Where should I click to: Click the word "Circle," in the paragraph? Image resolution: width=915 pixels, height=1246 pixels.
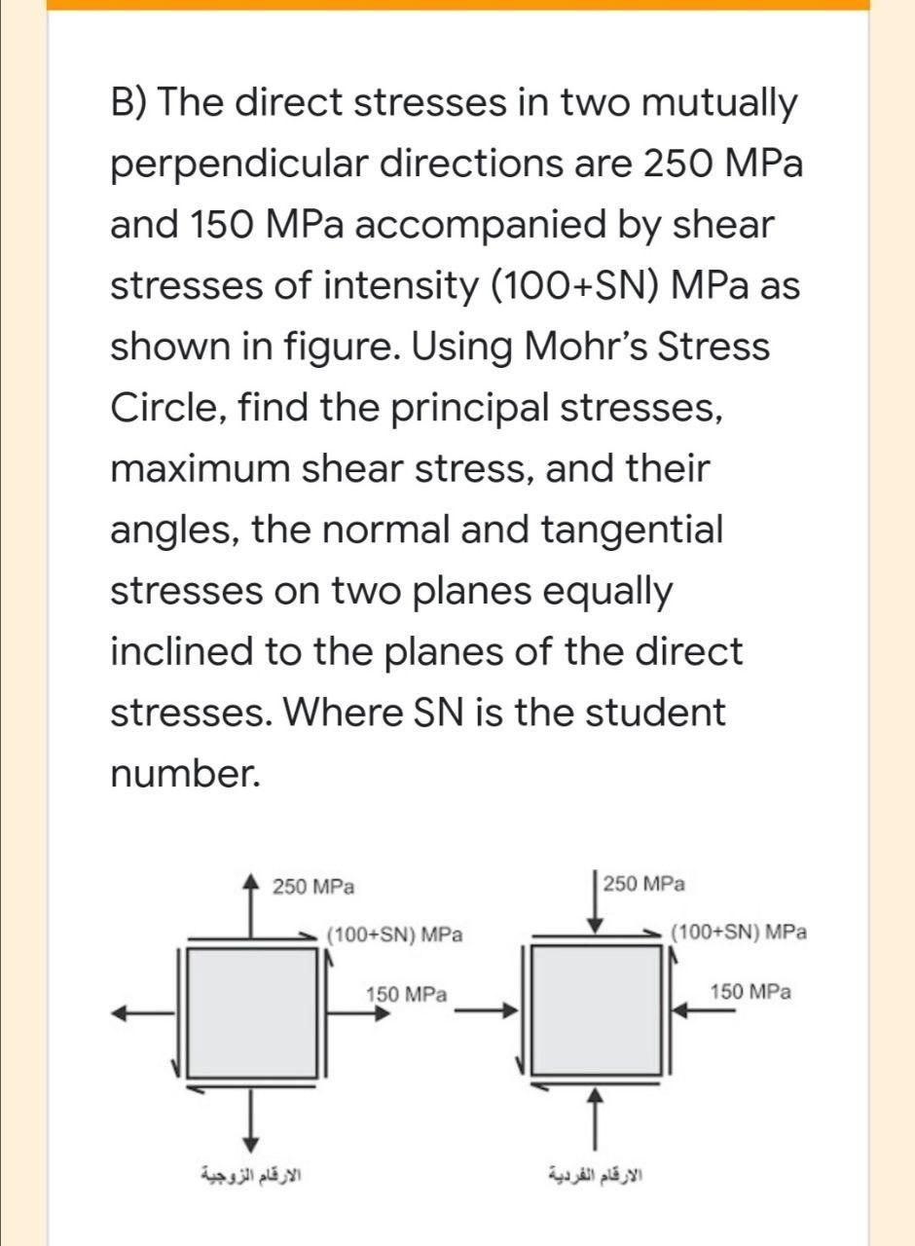click(172, 407)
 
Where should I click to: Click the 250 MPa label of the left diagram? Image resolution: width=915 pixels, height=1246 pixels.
click(312, 887)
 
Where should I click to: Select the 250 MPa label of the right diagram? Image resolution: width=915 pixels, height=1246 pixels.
click(643, 884)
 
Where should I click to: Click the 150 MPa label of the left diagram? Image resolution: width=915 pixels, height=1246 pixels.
click(406, 995)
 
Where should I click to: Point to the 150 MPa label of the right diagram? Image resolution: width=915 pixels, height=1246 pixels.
click(750, 992)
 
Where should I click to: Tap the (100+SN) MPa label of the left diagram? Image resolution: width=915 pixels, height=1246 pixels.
click(394, 935)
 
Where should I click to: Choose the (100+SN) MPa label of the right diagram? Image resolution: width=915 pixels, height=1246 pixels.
click(739, 932)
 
